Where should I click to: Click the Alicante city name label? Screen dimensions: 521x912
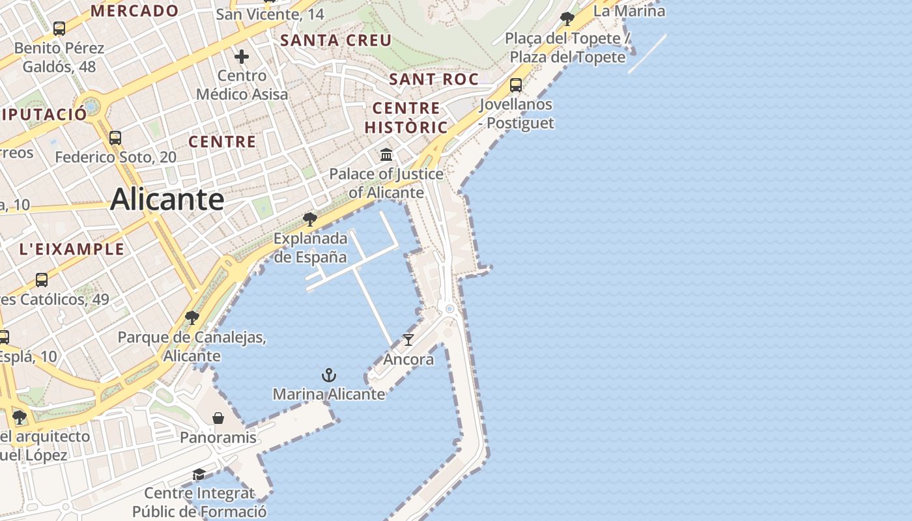pos(167,199)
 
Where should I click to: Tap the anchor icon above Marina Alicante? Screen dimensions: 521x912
pos(329,375)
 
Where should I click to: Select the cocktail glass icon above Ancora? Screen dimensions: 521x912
pos(408,339)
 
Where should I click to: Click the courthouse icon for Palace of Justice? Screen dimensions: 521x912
pos(386,155)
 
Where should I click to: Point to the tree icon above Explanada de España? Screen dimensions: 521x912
pos(310,219)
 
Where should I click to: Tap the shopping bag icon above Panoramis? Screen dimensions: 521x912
pos(218,417)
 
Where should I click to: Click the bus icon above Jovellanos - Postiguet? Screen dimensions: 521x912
pos(515,85)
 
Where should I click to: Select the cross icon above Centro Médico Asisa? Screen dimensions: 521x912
pos(242,57)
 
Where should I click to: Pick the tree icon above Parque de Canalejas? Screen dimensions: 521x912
pos(192,318)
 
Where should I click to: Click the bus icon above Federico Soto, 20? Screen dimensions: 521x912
pos(115,138)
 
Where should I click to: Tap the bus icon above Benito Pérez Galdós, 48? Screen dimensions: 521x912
pos(59,29)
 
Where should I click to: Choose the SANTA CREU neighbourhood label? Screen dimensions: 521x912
pos(335,40)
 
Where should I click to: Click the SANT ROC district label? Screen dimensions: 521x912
pos(433,79)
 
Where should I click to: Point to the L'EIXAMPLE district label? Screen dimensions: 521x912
pos(72,249)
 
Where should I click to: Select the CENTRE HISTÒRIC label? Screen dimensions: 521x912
pos(406,117)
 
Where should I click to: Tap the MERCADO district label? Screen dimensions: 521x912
pos(134,10)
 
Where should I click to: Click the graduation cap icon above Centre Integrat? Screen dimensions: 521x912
pos(199,473)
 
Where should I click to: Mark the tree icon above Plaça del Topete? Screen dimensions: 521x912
pos(567,19)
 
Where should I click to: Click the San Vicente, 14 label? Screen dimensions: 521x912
pos(270,14)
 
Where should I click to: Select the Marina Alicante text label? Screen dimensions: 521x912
pos(329,394)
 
